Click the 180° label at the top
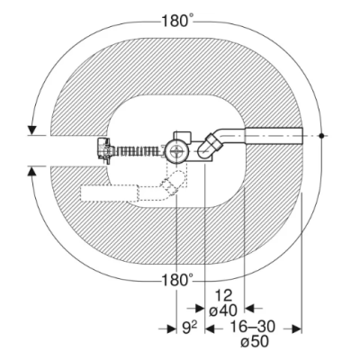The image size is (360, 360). click(x=177, y=22)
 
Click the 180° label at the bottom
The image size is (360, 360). click(x=177, y=281)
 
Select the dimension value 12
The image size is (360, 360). click(x=224, y=296)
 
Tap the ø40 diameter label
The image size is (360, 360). click(x=223, y=310)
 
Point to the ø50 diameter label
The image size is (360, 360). click(x=255, y=342)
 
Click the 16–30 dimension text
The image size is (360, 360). click(x=252, y=327)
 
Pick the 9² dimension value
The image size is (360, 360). click(x=190, y=328)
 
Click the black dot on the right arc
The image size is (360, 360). click(x=321, y=136)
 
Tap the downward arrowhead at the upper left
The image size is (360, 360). click(x=31, y=130)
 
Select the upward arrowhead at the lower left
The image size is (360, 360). click(x=31, y=171)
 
